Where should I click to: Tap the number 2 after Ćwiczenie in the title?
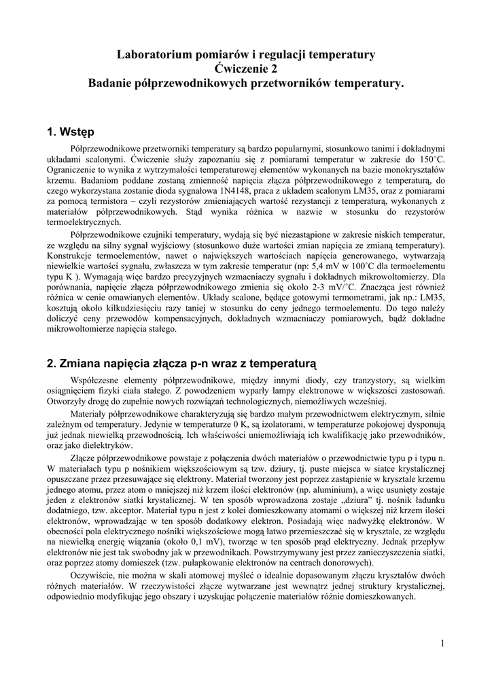[274, 68]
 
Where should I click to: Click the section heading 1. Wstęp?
[71, 130]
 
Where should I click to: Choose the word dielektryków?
[102, 444]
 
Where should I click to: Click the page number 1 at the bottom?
[442, 643]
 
